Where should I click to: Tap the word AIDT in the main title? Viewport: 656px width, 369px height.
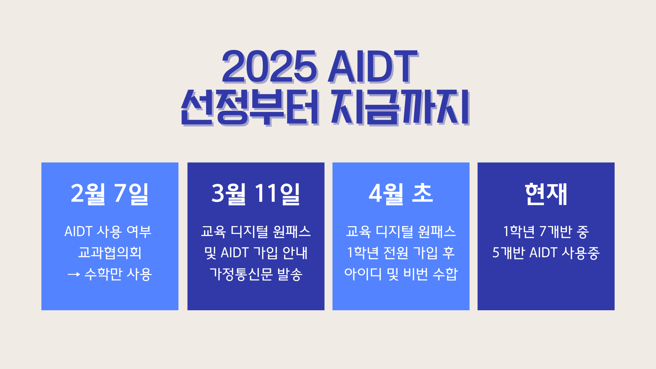click(x=373, y=67)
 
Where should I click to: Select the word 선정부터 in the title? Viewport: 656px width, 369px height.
click(x=250, y=107)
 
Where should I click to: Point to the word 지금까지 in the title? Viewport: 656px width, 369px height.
click(x=400, y=107)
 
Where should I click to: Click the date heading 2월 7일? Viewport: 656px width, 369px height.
click(x=110, y=193)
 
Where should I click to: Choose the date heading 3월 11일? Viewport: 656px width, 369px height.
click(x=256, y=193)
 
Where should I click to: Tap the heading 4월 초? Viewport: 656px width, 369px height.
click(x=401, y=193)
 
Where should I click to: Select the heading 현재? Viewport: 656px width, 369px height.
click(x=546, y=194)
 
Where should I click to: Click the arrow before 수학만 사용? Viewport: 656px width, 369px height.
click(x=74, y=274)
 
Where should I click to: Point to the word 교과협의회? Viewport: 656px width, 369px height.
click(x=110, y=253)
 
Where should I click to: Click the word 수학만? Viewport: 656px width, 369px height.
click(x=103, y=274)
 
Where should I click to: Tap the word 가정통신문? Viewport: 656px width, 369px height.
click(x=241, y=274)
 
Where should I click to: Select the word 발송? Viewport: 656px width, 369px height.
click(x=290, y=274)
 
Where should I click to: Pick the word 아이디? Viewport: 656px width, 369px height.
click(x=363, y=274)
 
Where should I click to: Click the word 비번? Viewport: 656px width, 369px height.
click(x=415, y=274)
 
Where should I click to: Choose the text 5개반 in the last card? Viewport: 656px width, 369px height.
click(x=508, y=253)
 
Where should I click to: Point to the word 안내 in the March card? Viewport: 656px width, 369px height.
click(x=295, y=253)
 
